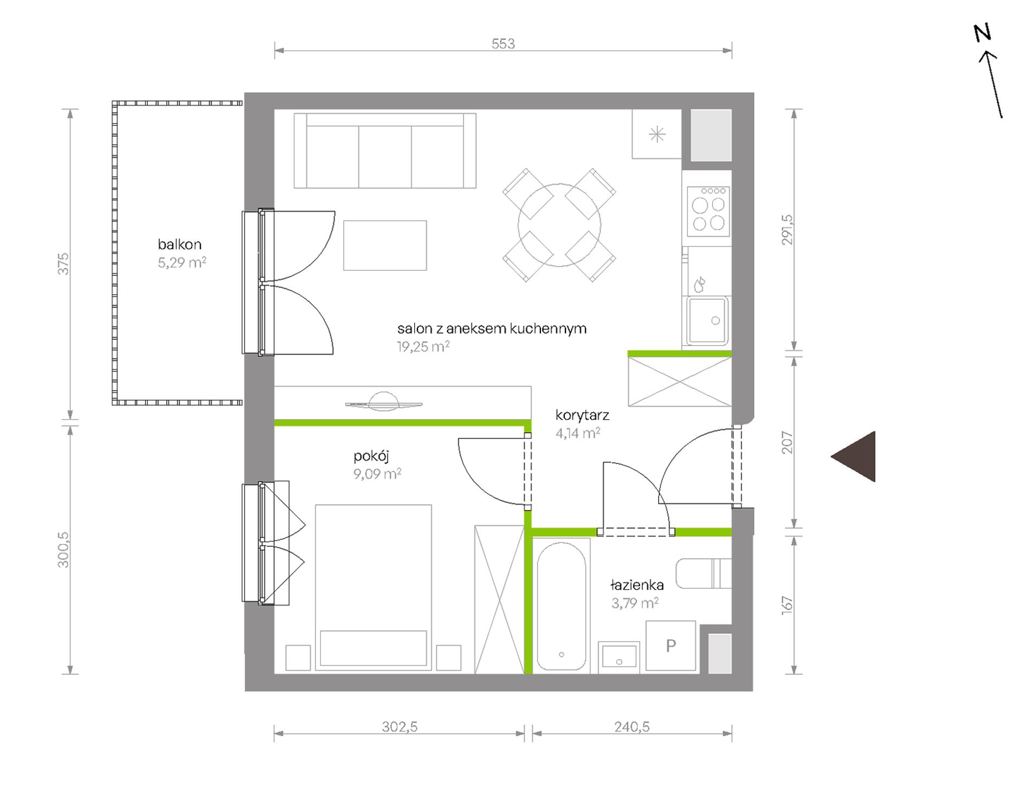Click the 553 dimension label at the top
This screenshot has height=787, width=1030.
503,43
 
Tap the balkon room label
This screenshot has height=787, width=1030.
179,244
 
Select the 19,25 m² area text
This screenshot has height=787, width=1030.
423,346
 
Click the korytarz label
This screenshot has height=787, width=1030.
582,415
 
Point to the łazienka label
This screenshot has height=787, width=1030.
637,585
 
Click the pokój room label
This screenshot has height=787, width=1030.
371,456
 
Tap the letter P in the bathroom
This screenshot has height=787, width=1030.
671,646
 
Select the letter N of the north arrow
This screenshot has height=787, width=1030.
982,33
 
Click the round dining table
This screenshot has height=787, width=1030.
559,225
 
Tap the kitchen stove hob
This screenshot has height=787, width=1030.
708,211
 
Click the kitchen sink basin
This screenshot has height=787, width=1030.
708,320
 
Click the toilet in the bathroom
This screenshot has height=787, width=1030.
704,573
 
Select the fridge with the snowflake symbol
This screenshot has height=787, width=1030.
656,134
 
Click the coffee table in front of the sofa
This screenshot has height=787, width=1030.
385,246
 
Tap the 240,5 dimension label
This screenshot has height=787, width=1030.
632,726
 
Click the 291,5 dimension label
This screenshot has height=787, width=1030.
787,230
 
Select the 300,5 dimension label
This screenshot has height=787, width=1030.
63,550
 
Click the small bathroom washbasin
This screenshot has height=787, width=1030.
619,657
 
